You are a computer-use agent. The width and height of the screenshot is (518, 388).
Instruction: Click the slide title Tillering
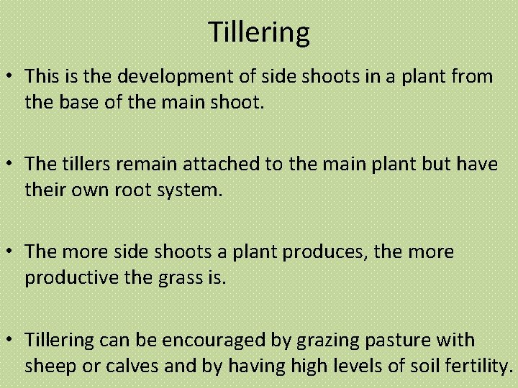259,32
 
